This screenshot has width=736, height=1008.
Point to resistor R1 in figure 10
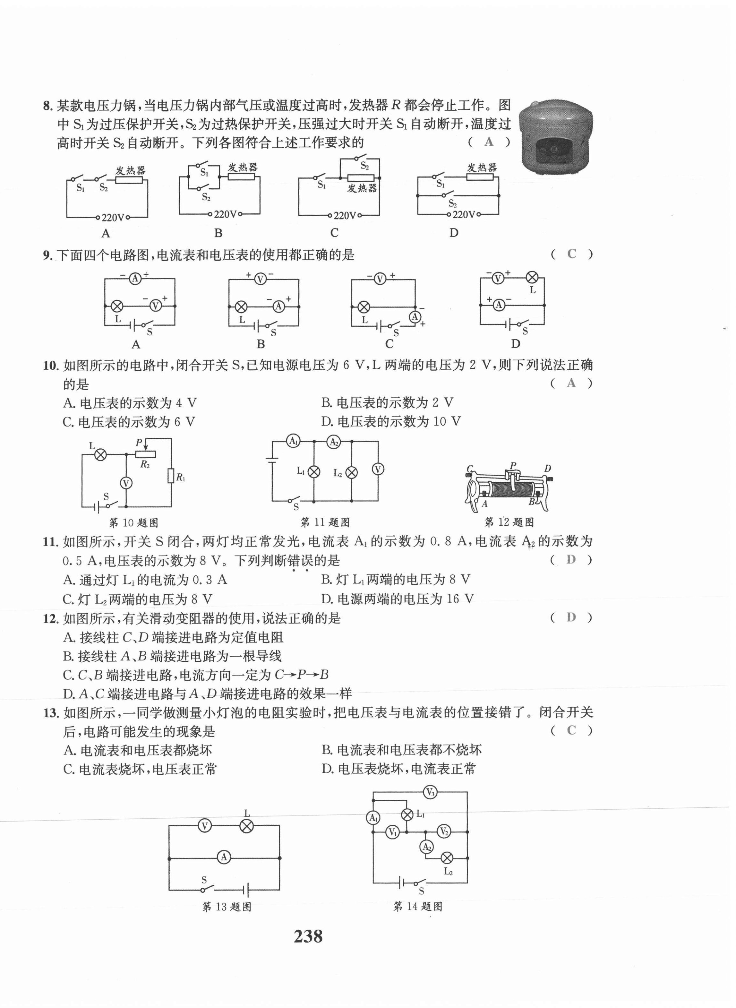171,476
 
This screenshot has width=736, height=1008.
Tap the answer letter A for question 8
489,142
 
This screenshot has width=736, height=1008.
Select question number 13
51,713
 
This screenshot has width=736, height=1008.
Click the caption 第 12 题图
509,522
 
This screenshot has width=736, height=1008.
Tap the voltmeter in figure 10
126,483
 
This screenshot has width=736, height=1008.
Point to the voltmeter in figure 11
378,469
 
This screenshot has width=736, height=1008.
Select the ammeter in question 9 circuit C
415,317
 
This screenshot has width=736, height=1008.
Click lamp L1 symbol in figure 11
314,472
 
